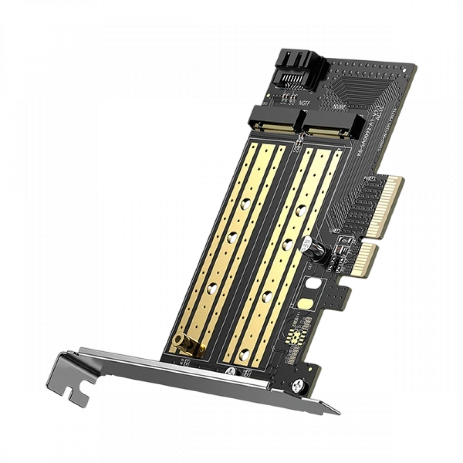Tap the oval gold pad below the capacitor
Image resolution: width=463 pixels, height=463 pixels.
click(306, 304)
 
